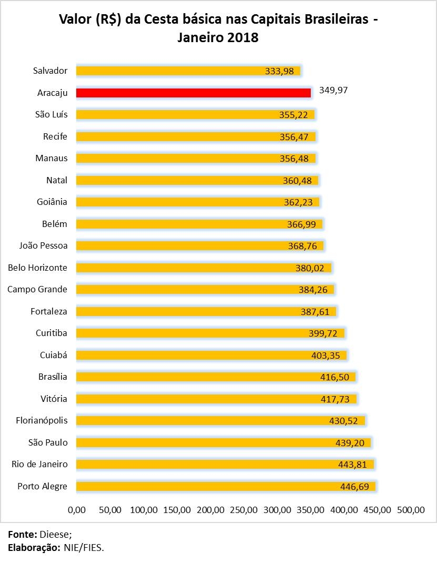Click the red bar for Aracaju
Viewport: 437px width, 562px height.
(193, 93)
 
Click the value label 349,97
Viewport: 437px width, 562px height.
(333, 90)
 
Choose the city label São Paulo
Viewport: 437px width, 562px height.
(48, 442)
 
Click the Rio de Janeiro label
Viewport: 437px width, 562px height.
(39, 464)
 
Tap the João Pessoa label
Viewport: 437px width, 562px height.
(43, 245)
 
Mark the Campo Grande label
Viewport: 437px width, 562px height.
(37, 289)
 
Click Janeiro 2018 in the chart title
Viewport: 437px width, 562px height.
(218, 38)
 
